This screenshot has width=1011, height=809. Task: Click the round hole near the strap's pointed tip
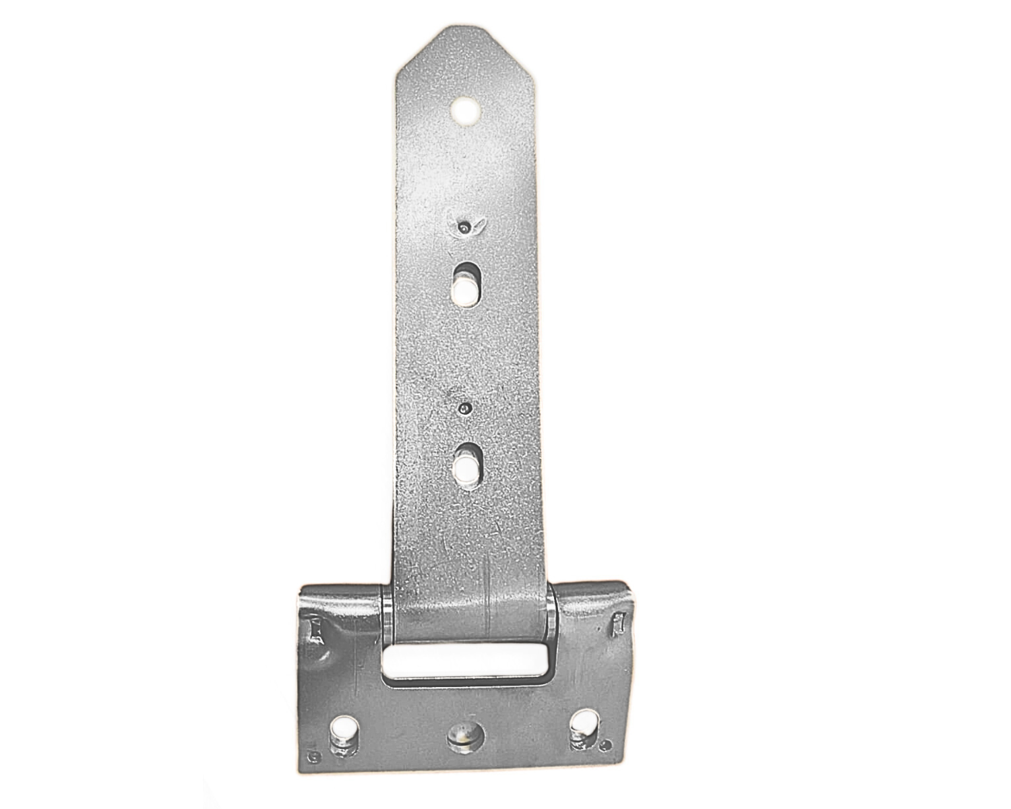click(465, 111)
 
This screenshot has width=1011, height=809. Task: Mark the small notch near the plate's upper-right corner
click(617, 624)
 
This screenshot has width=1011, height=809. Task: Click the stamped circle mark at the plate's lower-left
click(312, 760)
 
